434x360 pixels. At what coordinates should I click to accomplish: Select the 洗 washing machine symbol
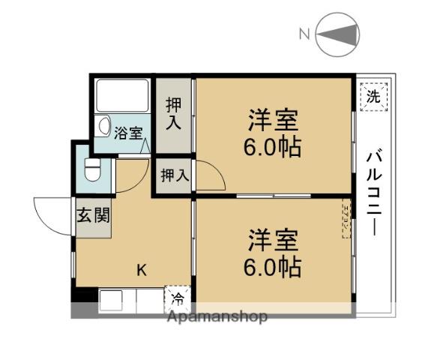373,95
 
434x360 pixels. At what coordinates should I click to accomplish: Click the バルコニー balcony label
373,193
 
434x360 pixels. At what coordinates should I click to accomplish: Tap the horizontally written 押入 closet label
174,176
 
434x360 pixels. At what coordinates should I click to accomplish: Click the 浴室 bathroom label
128,133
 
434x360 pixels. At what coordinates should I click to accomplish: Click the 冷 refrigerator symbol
178,299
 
